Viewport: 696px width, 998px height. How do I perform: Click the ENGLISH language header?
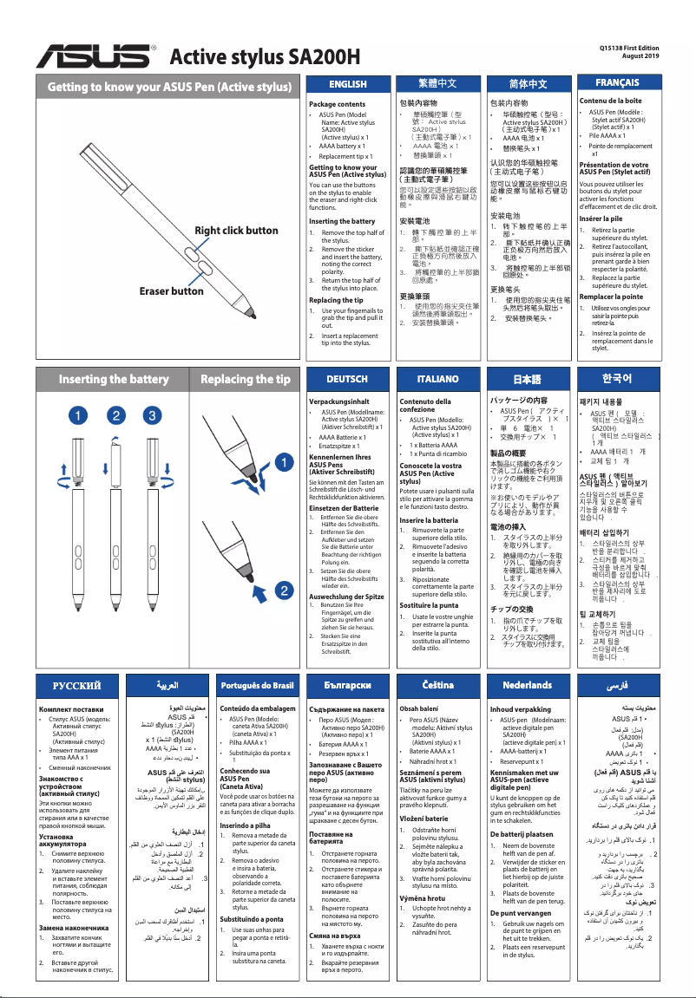348,84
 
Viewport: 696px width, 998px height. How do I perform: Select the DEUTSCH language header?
347,380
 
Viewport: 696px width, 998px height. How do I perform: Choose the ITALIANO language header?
437,380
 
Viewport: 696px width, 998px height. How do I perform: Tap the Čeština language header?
438,685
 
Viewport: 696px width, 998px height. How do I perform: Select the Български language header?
347,685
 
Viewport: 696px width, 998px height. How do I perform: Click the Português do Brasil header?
258,685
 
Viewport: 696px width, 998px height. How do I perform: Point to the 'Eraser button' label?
172,291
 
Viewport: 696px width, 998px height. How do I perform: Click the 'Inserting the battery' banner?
113,380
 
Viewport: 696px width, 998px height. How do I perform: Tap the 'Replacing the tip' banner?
246,380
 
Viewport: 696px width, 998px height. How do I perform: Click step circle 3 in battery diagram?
152,416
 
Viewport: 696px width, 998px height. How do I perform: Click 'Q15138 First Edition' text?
629,48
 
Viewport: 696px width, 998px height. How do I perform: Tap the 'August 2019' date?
640,56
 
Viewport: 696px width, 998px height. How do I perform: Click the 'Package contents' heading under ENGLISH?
338,104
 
